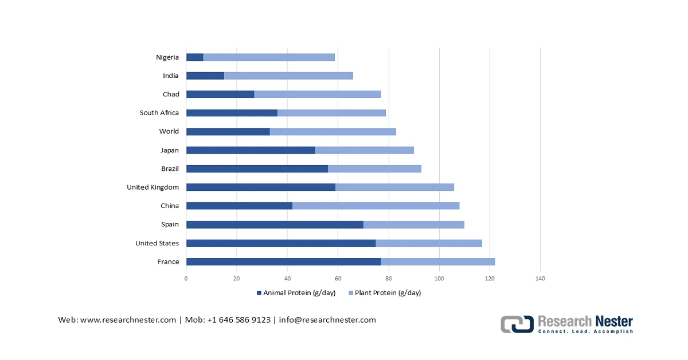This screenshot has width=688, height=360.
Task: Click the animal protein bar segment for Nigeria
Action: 195,57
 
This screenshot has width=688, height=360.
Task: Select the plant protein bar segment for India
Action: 288,76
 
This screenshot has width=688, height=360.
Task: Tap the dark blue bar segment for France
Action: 284,262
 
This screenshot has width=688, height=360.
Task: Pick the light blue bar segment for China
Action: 376,206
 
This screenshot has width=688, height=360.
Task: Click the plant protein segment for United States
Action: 429,243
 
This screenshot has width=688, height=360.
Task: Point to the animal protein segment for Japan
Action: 251,150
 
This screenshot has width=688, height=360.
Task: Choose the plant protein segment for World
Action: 333,131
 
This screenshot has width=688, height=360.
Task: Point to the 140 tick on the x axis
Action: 540,279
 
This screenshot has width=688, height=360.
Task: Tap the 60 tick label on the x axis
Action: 338,279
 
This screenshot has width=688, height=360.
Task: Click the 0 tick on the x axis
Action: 186,279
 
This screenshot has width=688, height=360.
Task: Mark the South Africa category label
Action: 159,113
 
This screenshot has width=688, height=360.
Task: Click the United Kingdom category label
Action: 153,187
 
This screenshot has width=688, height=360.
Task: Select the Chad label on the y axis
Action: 171,94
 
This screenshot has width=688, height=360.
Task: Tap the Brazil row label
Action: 170,169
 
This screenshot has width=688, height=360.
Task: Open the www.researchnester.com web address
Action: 128,320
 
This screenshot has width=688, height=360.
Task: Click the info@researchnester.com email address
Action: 327,320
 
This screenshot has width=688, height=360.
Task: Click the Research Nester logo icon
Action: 517,324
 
